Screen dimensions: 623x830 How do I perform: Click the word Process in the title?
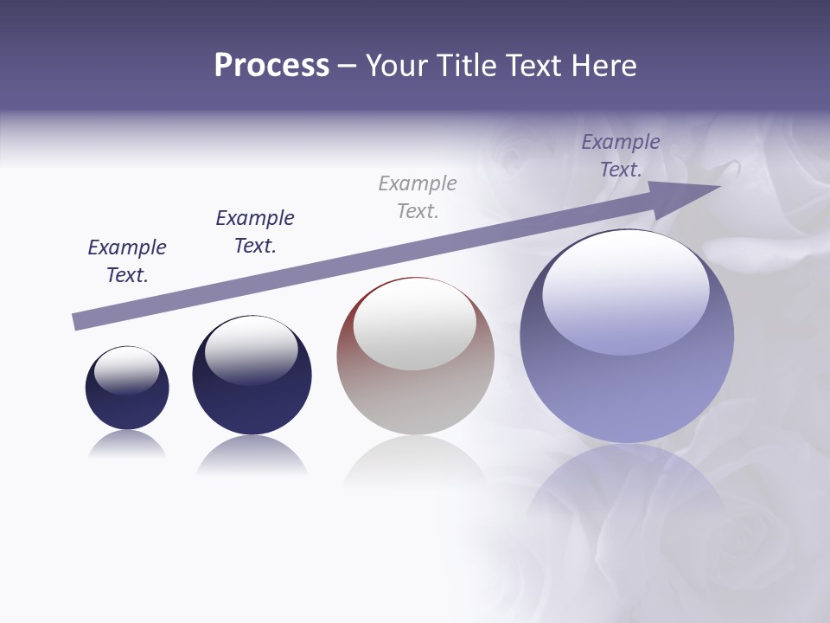[x=271, y=66]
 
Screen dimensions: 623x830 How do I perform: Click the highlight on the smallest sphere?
[x=127, y=369]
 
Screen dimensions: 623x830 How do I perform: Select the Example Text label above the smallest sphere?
[x=127, y=261]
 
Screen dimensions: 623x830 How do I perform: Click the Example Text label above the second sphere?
[x=255, y=232]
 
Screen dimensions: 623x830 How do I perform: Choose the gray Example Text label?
[x=418, y=197]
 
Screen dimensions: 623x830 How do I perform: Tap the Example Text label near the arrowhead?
[x=621, y=156]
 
